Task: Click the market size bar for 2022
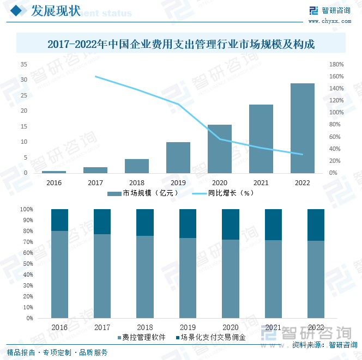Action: click(x=302, y=128)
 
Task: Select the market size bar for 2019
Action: click(x=178, y=157)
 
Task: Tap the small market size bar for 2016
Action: click(x=54, y=172)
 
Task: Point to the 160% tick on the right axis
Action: click(x=336, y=76)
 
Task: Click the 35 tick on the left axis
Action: click(x=23, y=64)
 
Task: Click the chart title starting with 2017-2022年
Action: click(x=181, y=44)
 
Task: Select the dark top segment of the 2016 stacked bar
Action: click(x=59, y=219)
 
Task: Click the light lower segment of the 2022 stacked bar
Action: click(x=316, y=279)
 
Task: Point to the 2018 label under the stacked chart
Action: click(x=144, y=327)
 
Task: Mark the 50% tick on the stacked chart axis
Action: click(x=27, y=264)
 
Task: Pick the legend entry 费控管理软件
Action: click(x=141, y=338)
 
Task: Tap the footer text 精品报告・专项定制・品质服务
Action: click(x=57, y=352)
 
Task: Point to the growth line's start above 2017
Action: click(x=95, y=76)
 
